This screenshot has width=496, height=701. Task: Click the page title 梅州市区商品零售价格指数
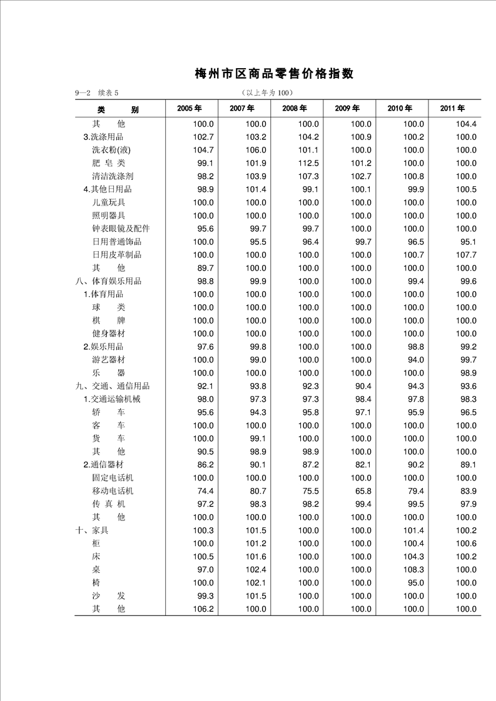click(274, 74)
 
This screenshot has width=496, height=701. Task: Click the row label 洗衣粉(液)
click(111, 150)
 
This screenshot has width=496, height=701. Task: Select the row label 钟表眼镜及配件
click(121, 229)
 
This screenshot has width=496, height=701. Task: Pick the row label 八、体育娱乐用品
click(108, 281)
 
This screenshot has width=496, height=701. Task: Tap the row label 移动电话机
click(113, 491)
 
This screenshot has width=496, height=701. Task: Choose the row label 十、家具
click(92, 530)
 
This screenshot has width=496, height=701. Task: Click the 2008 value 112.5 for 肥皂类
click(308, 163)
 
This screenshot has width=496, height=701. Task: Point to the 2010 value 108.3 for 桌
click(413, 570)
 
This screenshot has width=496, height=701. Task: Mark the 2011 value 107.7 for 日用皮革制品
click(465, 255)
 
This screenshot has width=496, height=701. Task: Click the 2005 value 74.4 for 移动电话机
click(203, 491)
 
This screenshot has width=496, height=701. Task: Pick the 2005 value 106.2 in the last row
click(203, 609)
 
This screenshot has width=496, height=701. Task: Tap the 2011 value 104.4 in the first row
click(465, 124)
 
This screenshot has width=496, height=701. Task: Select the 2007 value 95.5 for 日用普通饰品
click(256, 242)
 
